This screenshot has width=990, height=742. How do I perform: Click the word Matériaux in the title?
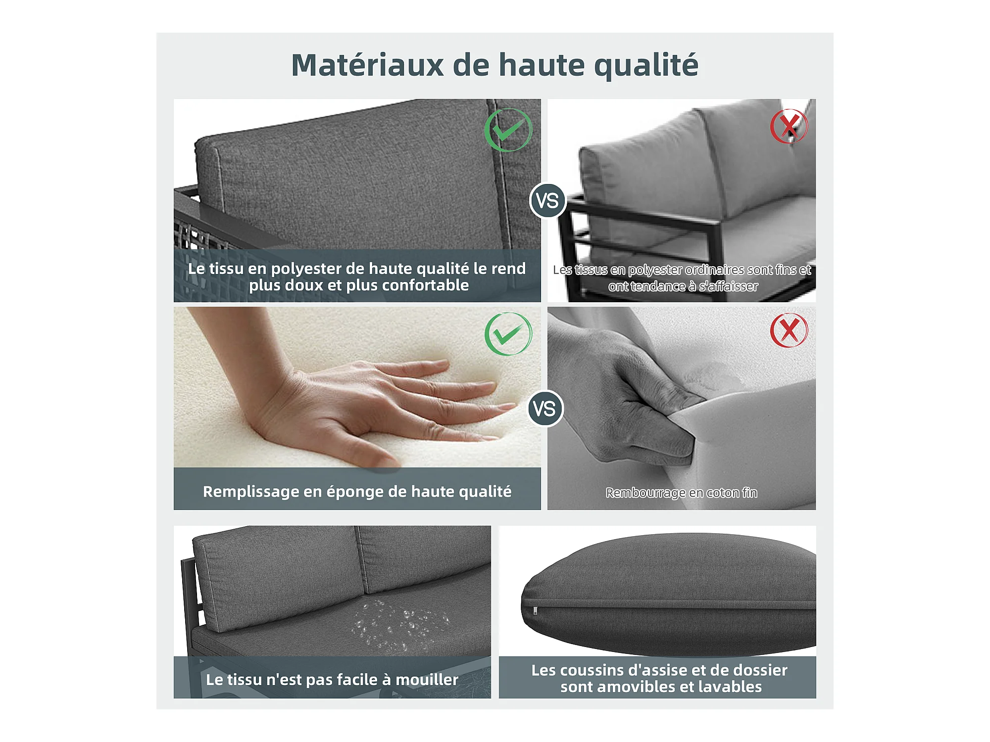click(367, 65)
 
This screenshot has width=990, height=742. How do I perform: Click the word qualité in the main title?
click(646, 66)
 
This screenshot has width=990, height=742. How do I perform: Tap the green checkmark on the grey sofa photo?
click(508, 130)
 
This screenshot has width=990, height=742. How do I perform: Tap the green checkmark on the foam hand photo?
click(508, 334)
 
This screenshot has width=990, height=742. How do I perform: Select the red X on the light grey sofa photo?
click(789, 126)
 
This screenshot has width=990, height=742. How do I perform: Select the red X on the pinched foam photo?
click(789, 330)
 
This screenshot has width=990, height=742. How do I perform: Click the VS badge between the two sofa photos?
click(547, 201)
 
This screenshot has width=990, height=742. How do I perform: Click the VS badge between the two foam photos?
click(545, 409)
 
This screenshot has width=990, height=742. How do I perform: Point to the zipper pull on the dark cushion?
click(535, 611)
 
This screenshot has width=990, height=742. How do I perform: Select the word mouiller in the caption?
click(427, 680)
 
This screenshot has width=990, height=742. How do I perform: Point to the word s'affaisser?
click(728, 286)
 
